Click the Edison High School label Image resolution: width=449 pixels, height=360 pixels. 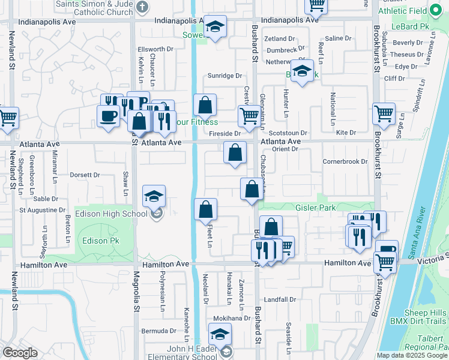pyautogui.click(x=110, y=214)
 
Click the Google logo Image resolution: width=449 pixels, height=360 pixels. pyautogui.click(x=20, y=353)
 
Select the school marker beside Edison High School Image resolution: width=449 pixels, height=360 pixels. pyautogui.click(x=154, y=196)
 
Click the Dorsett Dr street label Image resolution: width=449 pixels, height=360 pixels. pyautogui.click(x=85, y=175)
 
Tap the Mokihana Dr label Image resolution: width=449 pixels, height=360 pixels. pyautogui.click(x=229, y=318)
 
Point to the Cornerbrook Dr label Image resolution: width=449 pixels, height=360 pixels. pyautogui.click(x=345, y=161)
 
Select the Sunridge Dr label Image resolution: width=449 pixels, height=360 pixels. pyautogui.click(x=224, y=76)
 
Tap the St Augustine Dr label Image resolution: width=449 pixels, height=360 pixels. pyautogui.click(x=42, y=210)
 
